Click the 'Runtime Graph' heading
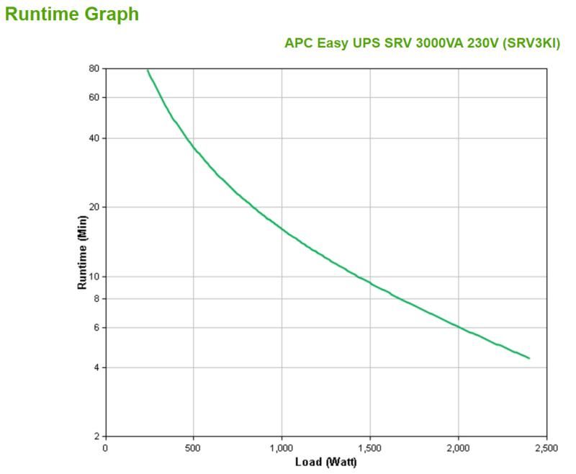point(72,14)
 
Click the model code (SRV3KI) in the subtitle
point(535,44)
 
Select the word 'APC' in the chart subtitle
point(297,44)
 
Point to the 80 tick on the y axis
point(94,68)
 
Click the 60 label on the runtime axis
point(94,97)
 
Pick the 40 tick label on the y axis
point(94,138)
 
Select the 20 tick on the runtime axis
point(94,207)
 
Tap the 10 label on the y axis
point(94,277)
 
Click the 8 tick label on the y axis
point(96,298)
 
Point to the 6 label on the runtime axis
point(96,327)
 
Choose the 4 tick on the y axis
point(96,367)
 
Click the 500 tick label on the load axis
point(193,448)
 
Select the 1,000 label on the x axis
point(282,448)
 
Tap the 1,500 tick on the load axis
point(370,448)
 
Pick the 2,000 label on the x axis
point(459,448)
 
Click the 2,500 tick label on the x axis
point(546,448)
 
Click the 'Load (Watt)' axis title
point(327,462)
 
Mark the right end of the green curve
point(529,358)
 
